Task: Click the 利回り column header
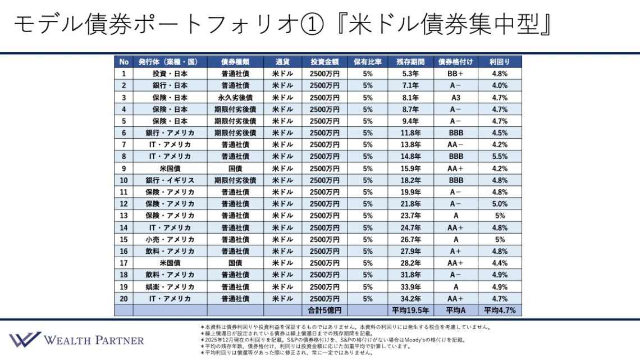point(499,62)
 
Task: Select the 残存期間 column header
point(411,62)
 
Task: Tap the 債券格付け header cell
point(455,62)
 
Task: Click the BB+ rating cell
point(455,74)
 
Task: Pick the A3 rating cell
point(455,97)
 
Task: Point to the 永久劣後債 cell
point(235,97)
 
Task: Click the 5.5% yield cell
point(499,156)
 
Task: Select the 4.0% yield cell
point(499,85)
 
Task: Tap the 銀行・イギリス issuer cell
point(170,180)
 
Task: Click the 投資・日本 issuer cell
point(170,74)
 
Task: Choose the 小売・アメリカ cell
point(170,239)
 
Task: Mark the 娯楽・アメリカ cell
point(170,286)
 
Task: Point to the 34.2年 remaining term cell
point(411,298)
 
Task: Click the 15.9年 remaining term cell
point(411,168)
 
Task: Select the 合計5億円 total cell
point(324,310)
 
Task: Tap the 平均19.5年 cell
point(411,310)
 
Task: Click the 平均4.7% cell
point(499,310)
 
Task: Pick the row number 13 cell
point(124,216)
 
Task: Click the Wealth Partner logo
point(76,339)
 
